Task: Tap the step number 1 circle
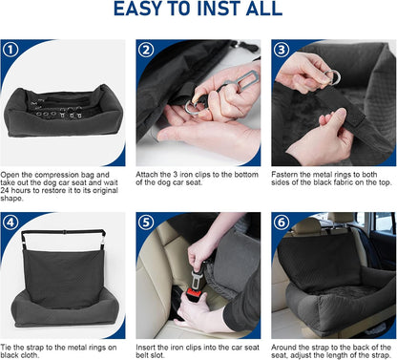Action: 10,50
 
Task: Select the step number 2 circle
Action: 146,50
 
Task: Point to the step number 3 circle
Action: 282,50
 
